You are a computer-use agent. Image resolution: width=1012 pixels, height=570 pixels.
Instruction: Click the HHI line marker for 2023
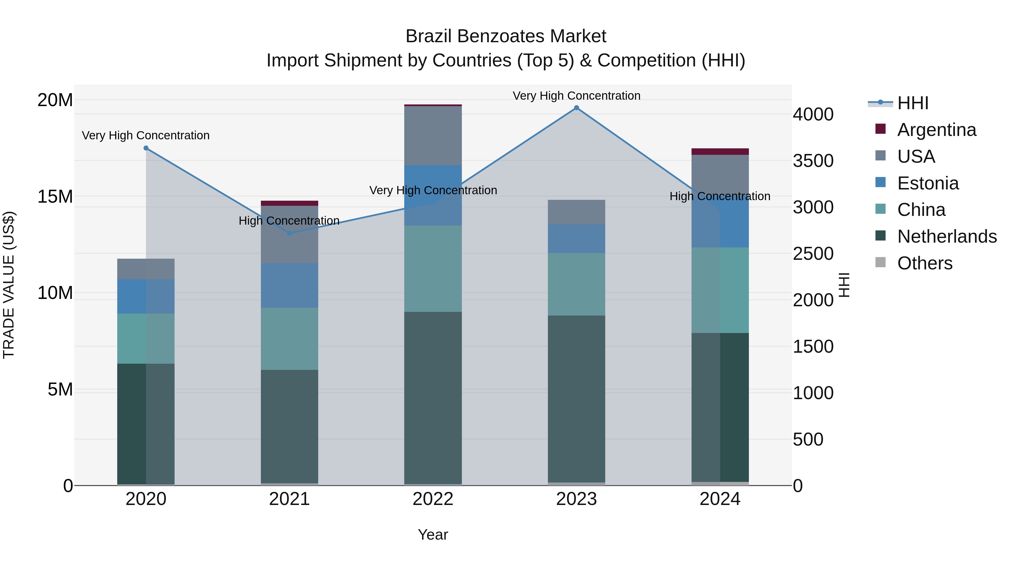coord(576,108)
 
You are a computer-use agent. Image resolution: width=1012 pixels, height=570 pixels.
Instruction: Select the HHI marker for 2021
coord(290,233)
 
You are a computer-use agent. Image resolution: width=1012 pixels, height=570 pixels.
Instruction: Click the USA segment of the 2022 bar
coord(433,136)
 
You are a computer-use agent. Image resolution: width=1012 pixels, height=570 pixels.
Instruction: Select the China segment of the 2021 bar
coord(290,338)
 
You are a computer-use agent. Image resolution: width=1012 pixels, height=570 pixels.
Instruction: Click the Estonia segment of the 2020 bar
coord(146,296)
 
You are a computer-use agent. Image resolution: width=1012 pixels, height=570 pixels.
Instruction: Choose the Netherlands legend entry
coord(947,236)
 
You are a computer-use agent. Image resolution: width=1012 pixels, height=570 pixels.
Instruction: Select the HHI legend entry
coord(912,103)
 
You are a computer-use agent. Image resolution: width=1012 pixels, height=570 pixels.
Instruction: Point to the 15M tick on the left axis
coord(55,196)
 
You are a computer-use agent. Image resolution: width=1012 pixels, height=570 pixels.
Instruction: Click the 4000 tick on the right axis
coord(813,115)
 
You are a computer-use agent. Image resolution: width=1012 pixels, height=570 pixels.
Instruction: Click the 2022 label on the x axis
coord(433,499)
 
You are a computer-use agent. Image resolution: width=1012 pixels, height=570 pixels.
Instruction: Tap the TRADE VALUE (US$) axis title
coord(9,285)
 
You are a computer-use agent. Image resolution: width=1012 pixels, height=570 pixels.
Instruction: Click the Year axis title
coord(433,535)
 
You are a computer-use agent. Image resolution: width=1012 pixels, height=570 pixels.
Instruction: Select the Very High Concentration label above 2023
coord(576,96)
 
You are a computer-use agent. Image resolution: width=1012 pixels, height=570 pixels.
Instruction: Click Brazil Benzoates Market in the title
coord(506,36)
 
